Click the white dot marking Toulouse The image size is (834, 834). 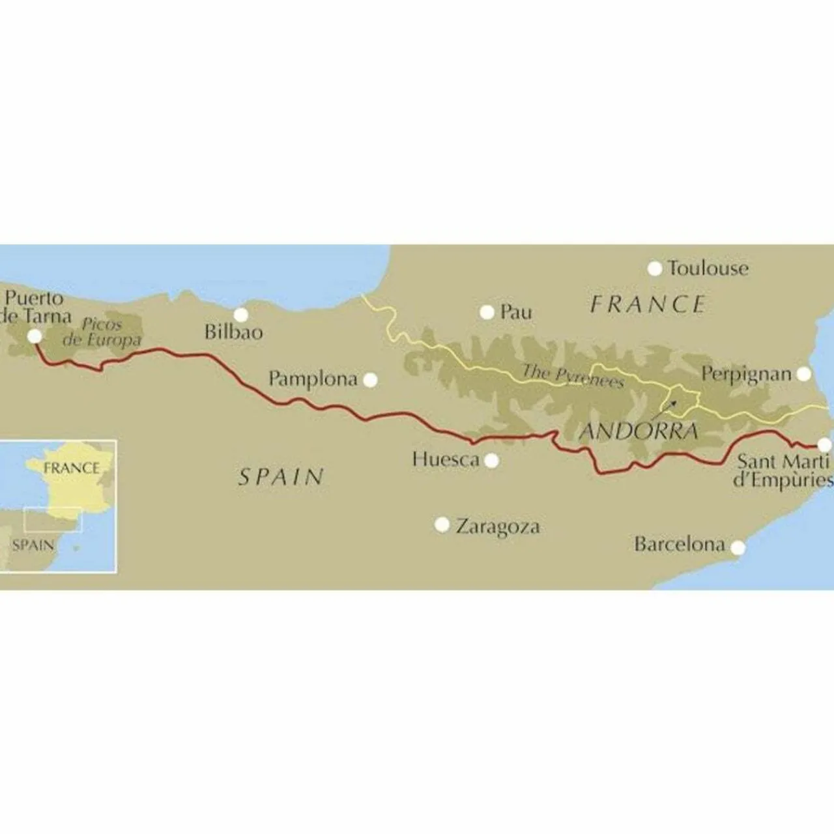click(655, 268)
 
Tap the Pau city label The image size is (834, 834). click(516, 312)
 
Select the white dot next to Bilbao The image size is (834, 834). click(240, 315)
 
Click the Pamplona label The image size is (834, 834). click(313, 379)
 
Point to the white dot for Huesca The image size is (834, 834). click(492, 461)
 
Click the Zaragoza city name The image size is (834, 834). click(498, 526)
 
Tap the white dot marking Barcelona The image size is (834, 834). click(738, 548)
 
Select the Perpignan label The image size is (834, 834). click(746, 374)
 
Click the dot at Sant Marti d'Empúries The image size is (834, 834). click(824, 445)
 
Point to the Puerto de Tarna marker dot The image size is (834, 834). click(35, 336)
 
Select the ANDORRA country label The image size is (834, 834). click(639, 431)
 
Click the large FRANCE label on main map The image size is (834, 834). click(648, 304)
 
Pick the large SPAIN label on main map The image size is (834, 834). click(281, 477)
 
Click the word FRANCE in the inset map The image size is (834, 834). click(71, 468)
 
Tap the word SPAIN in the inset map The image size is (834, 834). click(32, 545)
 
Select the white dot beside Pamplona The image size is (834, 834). click(370, 380)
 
